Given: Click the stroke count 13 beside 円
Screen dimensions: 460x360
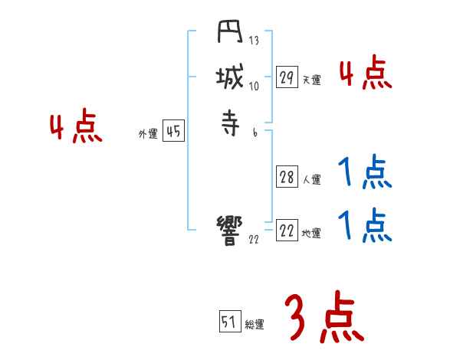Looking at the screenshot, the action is [254, 41].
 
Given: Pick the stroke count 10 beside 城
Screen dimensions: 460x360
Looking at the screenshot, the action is [254, 86].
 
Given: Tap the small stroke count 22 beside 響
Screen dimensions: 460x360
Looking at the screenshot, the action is [254, 239].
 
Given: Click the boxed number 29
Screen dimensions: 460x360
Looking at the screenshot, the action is [287, 77].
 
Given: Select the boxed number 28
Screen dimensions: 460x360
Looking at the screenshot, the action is [287, 178].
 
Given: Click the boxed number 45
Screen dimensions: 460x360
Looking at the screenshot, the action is [173, 132].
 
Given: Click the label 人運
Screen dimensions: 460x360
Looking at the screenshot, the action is [311, 180].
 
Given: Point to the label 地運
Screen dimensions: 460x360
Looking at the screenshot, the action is [311, 234].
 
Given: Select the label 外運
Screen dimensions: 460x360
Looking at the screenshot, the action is [148, 134].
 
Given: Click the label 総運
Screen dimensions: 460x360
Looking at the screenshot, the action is [255, 324].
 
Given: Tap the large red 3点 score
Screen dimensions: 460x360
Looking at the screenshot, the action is [324, 319].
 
